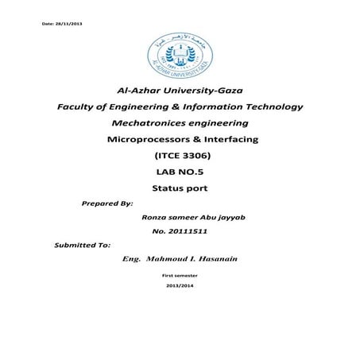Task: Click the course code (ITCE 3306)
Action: point(182,157)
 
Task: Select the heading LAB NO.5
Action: point(180,173)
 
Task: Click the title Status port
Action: point(180,189)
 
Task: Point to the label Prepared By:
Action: point(106,204)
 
